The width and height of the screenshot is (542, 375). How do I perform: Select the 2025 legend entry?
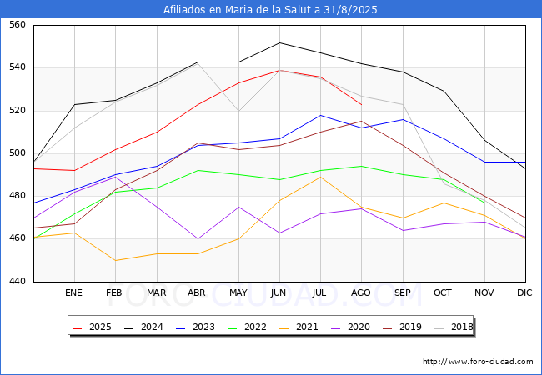tap(92, 327)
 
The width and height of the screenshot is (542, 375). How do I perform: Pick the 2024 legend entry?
tap(143, 327)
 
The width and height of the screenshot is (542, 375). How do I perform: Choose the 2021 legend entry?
tap(299, 327)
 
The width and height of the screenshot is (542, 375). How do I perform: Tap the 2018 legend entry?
tap(454, 327)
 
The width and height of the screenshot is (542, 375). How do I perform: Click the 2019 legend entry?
tap(402, 327)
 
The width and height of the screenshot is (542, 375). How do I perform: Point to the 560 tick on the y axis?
tap(18, 24)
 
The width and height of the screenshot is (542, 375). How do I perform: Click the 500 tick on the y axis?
tap(18, 153)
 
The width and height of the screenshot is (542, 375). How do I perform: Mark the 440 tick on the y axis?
tap(18, 281)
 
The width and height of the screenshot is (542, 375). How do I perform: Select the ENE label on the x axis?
tap(73, 292)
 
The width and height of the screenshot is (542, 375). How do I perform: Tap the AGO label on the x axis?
tap(361, 292)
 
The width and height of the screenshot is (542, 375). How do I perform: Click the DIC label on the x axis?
tap(524, 292)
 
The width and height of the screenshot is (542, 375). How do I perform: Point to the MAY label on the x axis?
tap(238, 292)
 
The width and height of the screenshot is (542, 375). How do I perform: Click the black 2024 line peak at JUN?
tap(279, 42)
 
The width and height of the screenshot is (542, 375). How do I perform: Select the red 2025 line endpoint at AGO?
tap(362, 105)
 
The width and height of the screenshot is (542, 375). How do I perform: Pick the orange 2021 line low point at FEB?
tap(115, 260)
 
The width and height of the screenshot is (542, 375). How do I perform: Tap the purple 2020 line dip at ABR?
tap(198, 238)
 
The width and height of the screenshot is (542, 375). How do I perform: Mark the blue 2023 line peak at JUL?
tap(321, 115)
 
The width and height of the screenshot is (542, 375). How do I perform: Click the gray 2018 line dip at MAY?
tap(238, 111)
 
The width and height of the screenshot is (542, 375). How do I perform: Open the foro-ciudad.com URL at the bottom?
tap(478, 362)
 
